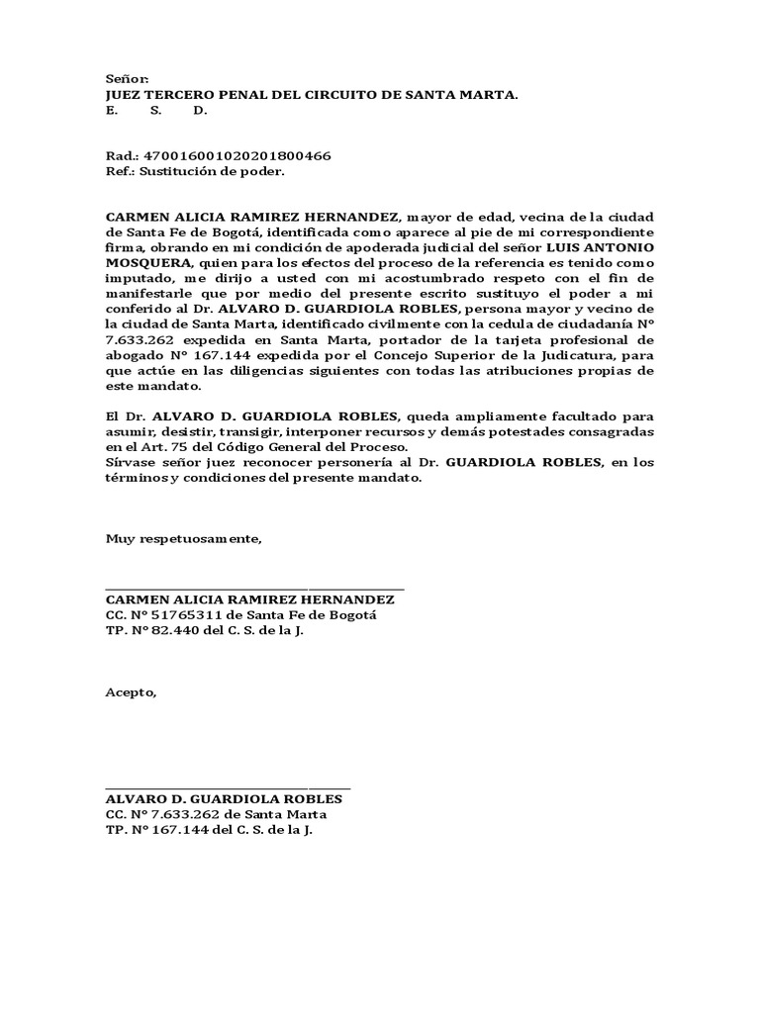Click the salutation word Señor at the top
127,79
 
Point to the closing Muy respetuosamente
184,539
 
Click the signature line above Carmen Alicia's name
255,589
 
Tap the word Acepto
131,691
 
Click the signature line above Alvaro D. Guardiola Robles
228,787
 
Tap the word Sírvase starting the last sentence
133,463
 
